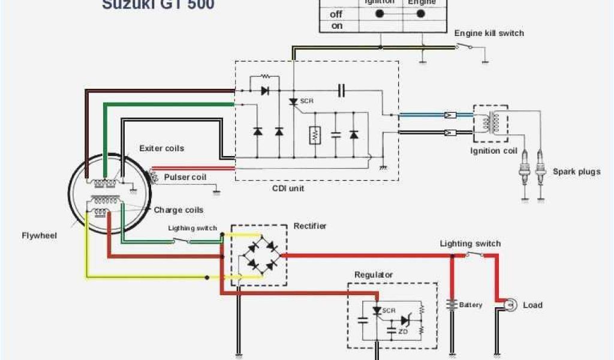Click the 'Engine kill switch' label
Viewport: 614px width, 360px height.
489,33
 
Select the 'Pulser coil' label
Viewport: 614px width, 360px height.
185,177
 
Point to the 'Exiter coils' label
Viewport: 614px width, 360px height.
161,148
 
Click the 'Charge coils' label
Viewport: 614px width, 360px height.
179,210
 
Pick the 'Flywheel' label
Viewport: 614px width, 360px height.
40,236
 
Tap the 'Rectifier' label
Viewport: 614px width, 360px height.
310,226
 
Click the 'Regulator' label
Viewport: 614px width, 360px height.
374,275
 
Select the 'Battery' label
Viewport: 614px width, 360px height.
471,305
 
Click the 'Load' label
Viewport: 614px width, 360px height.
532,305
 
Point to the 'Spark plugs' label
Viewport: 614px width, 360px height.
576,172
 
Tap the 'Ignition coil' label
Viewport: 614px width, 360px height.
493,151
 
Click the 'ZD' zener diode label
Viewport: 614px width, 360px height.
403,331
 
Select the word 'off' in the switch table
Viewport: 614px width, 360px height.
336,13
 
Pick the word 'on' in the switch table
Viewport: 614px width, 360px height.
336,26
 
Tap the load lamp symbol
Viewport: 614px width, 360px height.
510,305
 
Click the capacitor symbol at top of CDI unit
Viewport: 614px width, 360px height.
341,91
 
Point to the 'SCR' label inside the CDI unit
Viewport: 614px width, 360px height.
306,101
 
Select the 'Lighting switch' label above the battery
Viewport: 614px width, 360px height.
470,244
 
